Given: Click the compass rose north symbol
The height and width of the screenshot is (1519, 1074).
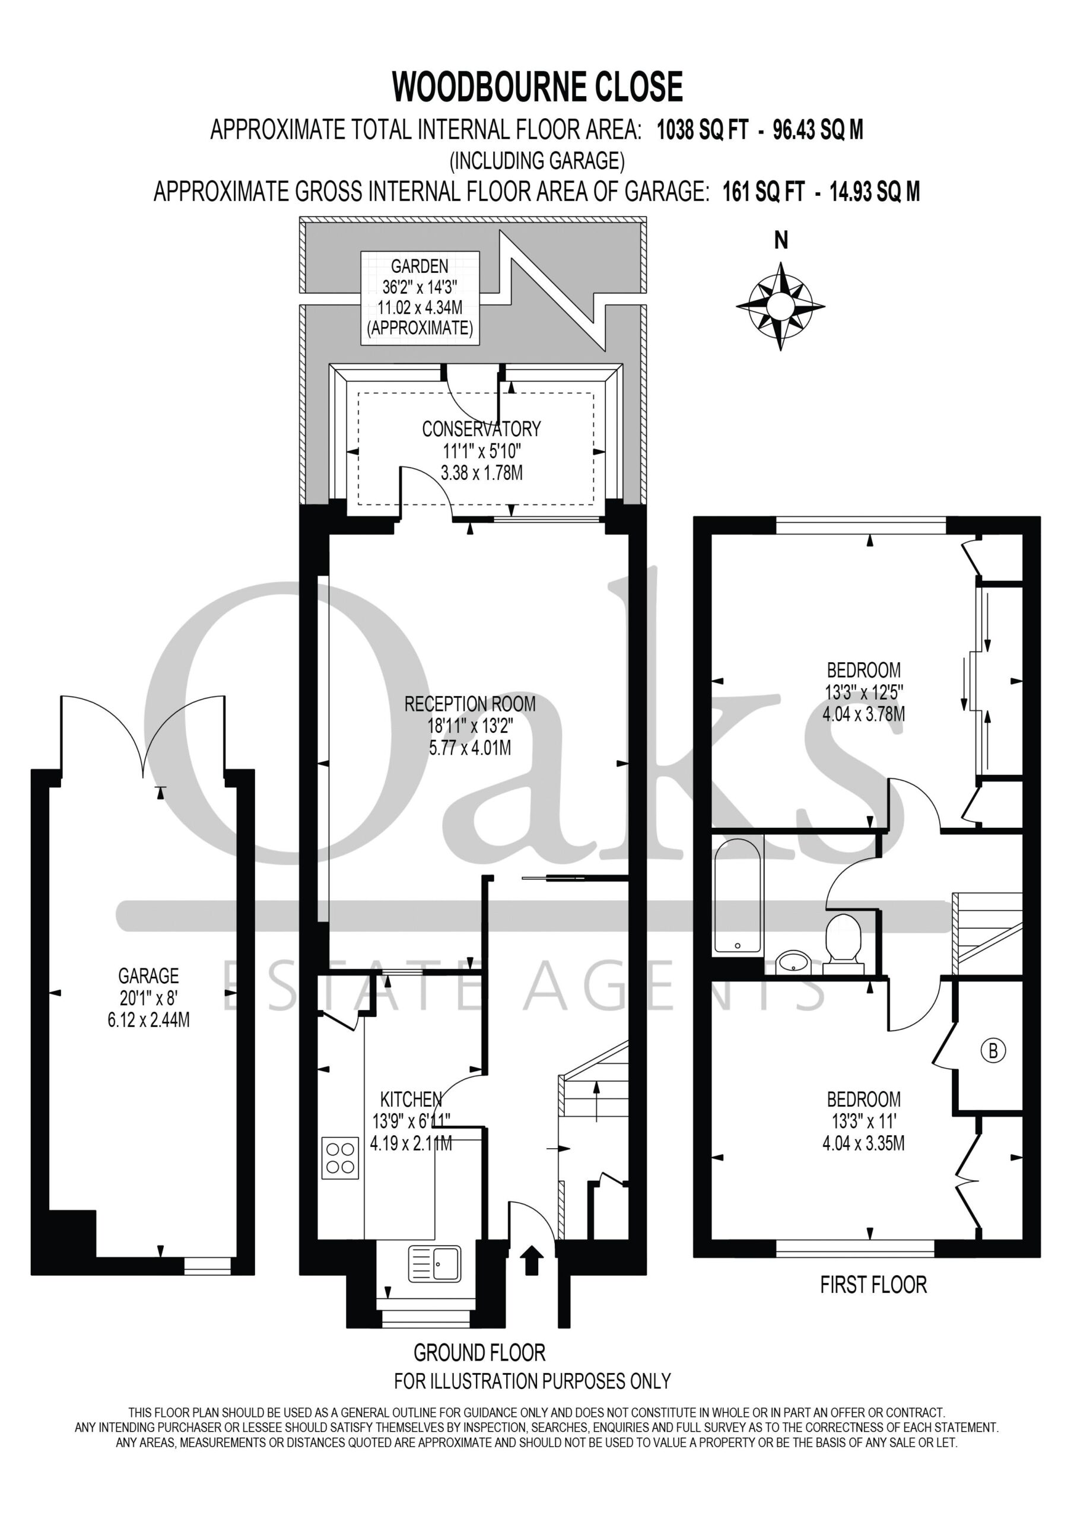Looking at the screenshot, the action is click(780, 306).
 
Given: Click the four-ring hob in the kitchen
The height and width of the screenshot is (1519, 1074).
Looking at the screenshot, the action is click(340, 1158).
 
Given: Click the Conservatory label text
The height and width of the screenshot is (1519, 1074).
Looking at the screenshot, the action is click(481, 429).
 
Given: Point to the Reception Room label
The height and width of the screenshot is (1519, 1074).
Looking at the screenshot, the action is click(470, 704).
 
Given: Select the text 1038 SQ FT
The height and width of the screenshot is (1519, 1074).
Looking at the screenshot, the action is click(702, 130).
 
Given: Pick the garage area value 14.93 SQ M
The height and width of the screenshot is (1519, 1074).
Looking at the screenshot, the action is click(875, 192).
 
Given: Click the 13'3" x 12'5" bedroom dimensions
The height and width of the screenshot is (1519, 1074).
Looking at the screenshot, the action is click(863, 692).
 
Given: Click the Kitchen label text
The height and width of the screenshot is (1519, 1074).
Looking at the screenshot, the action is click(411, 1099).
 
